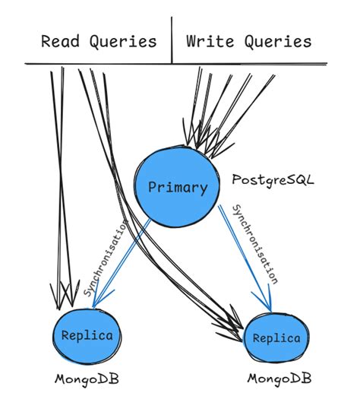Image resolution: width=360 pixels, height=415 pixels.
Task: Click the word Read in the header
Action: [58, 41]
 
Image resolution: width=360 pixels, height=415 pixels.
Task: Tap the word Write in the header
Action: [209, 41]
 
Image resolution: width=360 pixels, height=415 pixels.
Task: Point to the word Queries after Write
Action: [279, 41]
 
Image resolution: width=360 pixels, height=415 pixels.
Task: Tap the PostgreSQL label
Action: [273, 182]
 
